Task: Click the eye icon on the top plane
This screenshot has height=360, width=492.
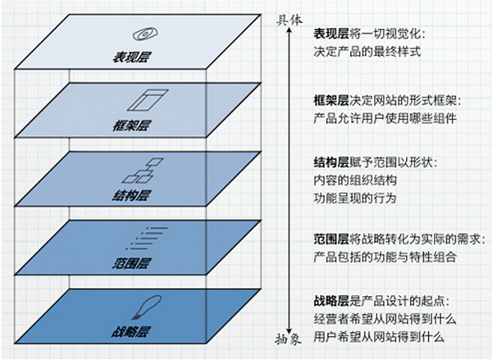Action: point(145,34)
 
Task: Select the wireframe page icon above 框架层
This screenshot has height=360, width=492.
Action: point(148,100)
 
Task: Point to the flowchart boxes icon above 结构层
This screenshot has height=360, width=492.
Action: point(143,171)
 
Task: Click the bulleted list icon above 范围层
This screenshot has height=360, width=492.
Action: point(147,238)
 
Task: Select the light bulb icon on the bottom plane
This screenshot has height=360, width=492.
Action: point(147,308)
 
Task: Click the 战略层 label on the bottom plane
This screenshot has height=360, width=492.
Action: point(130,332)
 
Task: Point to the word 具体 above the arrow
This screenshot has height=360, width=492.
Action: point(289,21)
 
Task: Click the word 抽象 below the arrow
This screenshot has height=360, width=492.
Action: point(289,339)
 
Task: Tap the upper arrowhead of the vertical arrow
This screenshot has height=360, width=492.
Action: point(289,30)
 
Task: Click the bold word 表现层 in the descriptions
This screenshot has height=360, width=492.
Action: point(331,34)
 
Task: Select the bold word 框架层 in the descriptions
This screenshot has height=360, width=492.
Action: point(331,101)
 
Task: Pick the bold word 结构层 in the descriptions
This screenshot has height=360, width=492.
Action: point(331,163)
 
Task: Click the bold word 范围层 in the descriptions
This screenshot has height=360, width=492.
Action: point(331,239)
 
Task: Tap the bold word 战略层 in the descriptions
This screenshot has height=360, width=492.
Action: point(331,302)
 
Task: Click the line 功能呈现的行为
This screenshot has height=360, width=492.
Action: point(355,198)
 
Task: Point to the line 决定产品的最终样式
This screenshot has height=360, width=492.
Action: point(367,52)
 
